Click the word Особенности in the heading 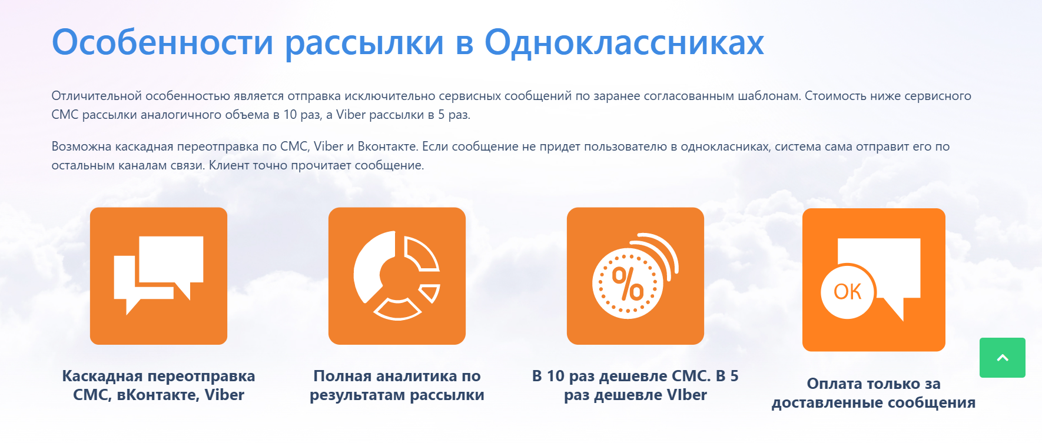tap(162, 42)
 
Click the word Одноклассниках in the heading tap(624, 42)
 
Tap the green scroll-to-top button tap(1003, 358)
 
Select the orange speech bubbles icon tap(158, 276)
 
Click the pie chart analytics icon tap(397, 276)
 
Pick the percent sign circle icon tap(628, 284)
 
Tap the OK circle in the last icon tap(847, 291)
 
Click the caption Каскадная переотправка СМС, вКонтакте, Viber tap(158, 385)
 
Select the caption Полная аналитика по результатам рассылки tap(397, 385)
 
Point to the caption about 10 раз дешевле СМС tap(635, 385)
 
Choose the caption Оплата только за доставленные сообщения tap(874, 393)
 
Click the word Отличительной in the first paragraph tap(97, 96)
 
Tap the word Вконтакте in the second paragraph tap(387, 146)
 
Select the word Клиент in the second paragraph tap(229, 165)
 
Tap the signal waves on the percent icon tap(658, 253)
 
